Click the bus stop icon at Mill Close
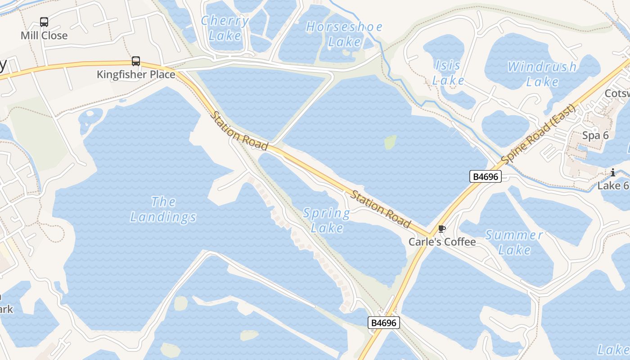(44, 22)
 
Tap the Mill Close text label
(44, 36)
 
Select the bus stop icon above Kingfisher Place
(136, 61)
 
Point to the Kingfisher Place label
(136, 74)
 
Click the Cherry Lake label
(225, 28)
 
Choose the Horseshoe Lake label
(344, 34)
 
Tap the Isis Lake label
(448, 72)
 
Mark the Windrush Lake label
(542, 74)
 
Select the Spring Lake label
(327, 220)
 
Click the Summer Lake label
(514, 242)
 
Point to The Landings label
(163, 209)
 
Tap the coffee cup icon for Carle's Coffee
(442, 229)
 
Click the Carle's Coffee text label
(442, 242)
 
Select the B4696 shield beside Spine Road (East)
(486, 176)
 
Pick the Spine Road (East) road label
(538, 135)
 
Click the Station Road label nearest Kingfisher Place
(239, 131)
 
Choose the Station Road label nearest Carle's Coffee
(381, 210)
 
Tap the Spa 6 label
(595, 135)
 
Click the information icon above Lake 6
(613, 172)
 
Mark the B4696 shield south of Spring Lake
(384, 323)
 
